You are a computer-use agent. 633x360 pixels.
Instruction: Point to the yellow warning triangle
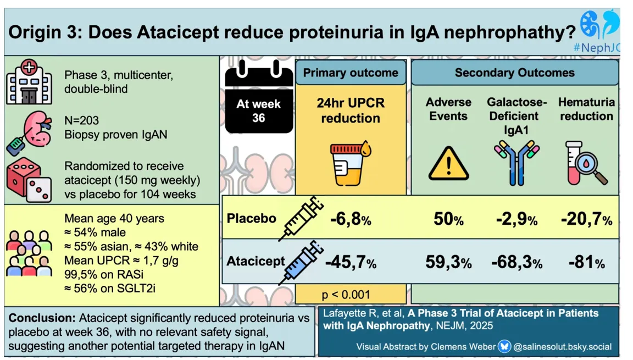tap(448, 164)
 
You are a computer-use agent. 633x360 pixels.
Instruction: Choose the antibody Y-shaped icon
tap(517, 159)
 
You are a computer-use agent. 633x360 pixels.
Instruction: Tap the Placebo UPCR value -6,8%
tap(351, 220)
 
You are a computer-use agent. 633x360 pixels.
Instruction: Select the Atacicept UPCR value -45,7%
tap(351, 263)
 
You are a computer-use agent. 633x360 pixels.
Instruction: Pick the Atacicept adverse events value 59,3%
tap(448, 263)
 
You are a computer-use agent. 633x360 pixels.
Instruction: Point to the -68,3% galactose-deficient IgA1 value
tap(517, 263)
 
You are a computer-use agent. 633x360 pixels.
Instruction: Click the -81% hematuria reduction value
tap(586, 263)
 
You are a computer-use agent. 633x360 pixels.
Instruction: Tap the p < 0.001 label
tap(346, 295)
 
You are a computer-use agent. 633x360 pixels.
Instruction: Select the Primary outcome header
tap(351, 73)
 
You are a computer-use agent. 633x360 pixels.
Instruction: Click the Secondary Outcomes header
tap(514, 73)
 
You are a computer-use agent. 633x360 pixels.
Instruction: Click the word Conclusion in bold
tap(42, 318)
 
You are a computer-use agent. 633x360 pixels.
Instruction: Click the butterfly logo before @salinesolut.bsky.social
tap(504, 347)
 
